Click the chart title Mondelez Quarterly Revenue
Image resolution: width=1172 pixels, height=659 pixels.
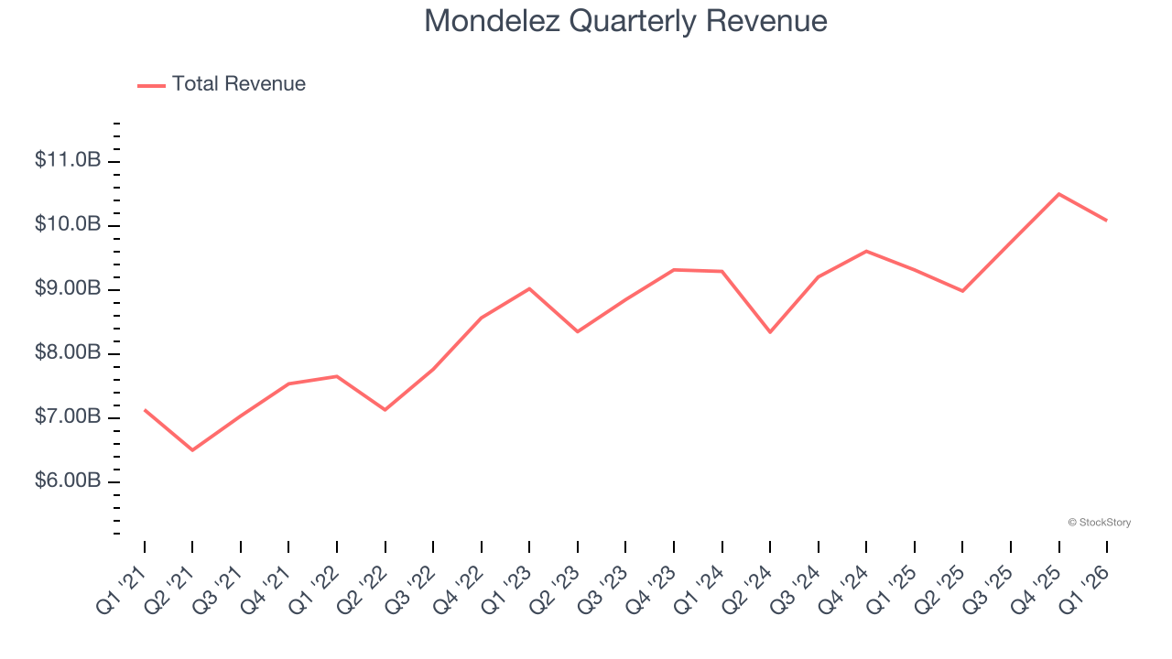(x=625, y=21)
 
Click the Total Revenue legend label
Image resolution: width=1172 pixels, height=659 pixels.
(x=238, y=84)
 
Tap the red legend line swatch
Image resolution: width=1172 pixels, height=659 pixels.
(x=151, y=85)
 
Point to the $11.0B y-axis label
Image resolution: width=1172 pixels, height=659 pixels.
(x=68, y=160)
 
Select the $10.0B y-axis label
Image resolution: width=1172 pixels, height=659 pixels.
(x=68, y=224)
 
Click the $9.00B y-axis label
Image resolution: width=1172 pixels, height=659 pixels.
(x=68, y=288)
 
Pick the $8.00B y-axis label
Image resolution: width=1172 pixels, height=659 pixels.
(x=68, y=352)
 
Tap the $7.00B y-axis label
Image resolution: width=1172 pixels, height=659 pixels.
(x=68, y=416)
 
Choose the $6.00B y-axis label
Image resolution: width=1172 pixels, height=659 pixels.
(x=68, y=481)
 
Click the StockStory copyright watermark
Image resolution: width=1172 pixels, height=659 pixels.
(x=1099, y=523)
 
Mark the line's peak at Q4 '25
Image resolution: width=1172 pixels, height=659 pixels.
(x=1058, y=194)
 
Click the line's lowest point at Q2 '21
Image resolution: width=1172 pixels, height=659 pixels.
(x=192, y=450)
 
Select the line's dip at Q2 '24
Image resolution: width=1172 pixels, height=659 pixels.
(x=770, y=332)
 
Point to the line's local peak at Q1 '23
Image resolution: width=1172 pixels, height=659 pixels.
(x=529, y=288)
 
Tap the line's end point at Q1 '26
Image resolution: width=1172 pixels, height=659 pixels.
(x=1107, y=221)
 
